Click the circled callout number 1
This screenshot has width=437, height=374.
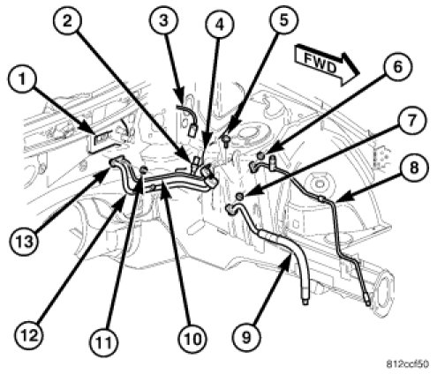[22, 79]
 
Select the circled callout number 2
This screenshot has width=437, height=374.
[67, 20]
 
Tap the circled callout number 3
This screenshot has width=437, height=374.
[163, 20]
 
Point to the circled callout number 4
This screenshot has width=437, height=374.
[220, 25]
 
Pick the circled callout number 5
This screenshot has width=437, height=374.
[283, 20]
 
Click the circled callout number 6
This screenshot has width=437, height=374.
[397, 67]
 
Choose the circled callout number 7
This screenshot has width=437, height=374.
[411, 121]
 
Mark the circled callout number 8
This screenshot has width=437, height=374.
[414, 168]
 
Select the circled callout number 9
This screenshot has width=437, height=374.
[246, 337]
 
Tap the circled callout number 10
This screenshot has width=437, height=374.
[192, 339]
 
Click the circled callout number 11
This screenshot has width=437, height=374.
[104, 343]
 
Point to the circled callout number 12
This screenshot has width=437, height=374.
[29, 335]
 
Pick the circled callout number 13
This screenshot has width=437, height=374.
[25, 242]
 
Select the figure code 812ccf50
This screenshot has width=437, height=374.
[407, 363]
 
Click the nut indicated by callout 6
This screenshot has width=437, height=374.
[260, 154]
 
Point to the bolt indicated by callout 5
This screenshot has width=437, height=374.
[227, 139]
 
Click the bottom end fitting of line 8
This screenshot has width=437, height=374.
[367, 301]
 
